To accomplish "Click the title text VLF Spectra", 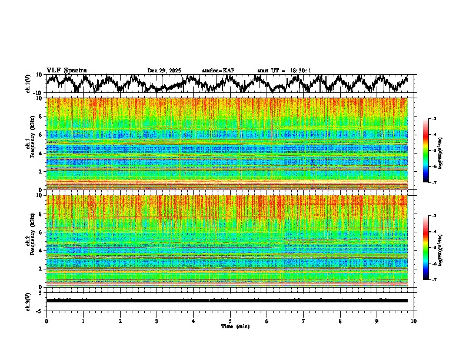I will point(66,71).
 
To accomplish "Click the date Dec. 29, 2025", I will point(164,71).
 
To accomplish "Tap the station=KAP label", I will point(218,71).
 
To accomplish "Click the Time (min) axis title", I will point(235,326).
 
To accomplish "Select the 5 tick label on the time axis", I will point(230,321).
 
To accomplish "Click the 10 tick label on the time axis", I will point(414,321).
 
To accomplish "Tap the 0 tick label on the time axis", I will point(46,321).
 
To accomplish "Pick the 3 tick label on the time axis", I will point(157,321).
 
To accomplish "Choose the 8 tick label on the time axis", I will point(340,321).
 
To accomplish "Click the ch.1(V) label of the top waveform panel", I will point(28,84).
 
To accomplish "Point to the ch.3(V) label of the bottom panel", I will point(28,301).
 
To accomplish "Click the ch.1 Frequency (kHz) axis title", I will point(28,144).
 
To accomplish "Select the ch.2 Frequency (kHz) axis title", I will point(28,241).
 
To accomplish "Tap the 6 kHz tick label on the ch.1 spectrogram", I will point(41,135).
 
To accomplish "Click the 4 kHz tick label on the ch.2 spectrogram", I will point(41,251).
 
